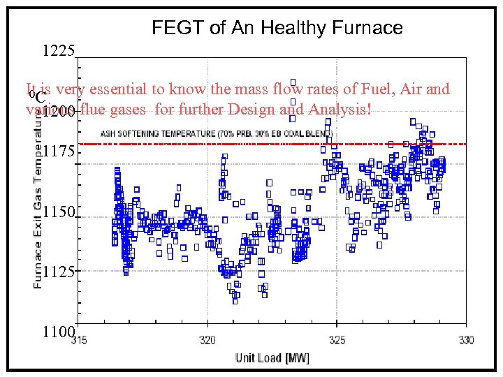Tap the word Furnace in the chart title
[369, 28]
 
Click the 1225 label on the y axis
[59, 50]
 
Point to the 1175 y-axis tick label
[59, 153]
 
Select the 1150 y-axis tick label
[59, 212]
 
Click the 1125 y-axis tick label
[59, 271]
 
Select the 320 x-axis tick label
[207, 340]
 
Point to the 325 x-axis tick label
[337, 340]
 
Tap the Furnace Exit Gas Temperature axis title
[38, 203]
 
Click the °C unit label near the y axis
[40, 97]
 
